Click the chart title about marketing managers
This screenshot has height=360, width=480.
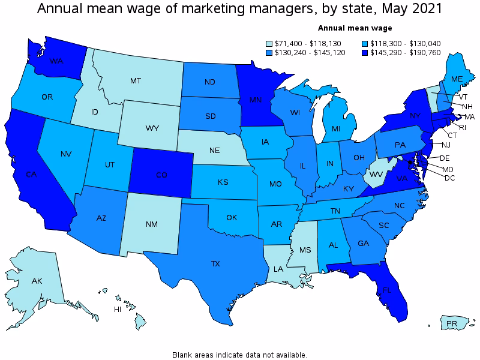tap(240, 9)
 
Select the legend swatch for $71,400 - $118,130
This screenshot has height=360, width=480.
tap(270, 43)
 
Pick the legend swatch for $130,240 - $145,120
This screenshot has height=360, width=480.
tap(270, 53)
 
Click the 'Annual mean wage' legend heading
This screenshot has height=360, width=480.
tap(355, 28)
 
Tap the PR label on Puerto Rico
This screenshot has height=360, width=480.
tap(452, 324)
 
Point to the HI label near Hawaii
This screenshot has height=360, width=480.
tap(119, 310)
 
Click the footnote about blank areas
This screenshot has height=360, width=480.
tap(239, 355)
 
